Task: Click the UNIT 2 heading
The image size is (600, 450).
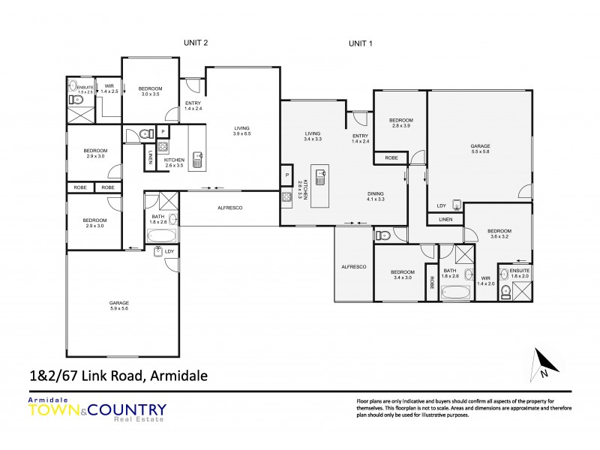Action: (x=195, y=43)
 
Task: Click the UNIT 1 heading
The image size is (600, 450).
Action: (x=361, y=43)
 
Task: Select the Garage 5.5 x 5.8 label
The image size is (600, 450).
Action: (x=480, y=148)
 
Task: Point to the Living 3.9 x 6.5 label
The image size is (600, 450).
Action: (x=241, y=130)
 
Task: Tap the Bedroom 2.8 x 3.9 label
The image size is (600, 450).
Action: (x=401, y=123)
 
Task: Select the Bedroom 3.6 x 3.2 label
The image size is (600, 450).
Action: (x=499, y=234)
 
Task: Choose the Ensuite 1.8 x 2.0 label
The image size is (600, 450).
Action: (x=519, y=272)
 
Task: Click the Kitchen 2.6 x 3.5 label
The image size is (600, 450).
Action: (x=174, y=163)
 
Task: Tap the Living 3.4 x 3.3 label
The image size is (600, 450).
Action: (x=313, y=137)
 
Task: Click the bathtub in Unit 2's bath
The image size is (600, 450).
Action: (x=162, y=236)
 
